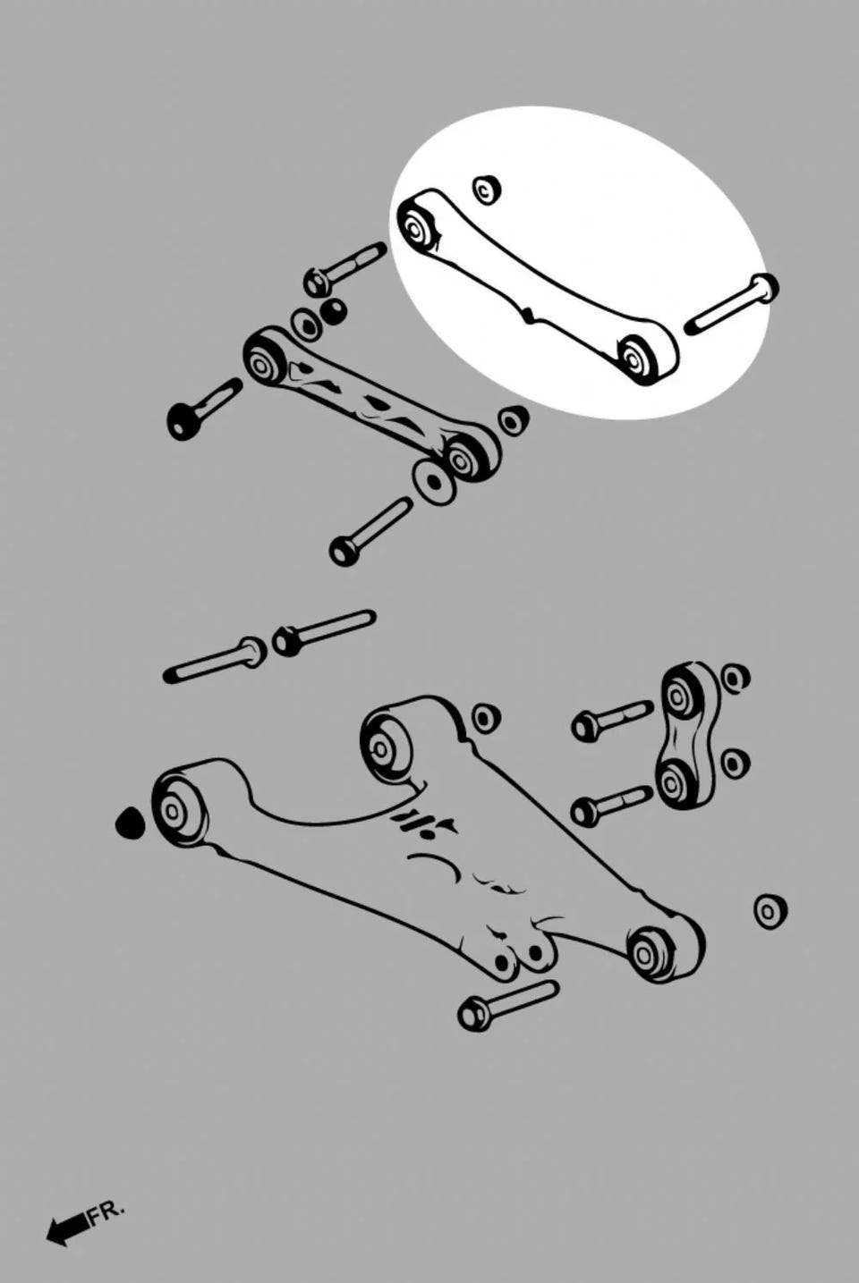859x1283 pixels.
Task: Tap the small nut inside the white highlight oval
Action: pos(487,189)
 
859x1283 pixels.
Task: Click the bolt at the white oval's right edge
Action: pos(732,305)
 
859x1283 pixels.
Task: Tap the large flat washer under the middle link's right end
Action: pos(434,480)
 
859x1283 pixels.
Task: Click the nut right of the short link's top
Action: pos(733,678)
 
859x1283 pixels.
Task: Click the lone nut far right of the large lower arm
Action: pos(770,911)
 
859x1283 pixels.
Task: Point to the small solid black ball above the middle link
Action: pos(333,311)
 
